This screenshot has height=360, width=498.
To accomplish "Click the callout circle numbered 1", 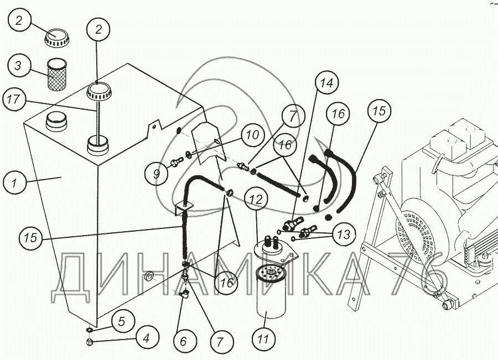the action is [x=14, y=182].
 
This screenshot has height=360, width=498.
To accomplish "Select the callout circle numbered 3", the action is [x=19, y=65].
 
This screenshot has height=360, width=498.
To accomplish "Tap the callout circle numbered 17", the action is [x=14, y=100].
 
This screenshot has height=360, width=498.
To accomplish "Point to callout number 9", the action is [x=156, y=173].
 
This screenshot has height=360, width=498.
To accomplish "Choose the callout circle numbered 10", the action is [x=253, y=135].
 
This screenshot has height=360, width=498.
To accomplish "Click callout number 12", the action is [x=256, y=200].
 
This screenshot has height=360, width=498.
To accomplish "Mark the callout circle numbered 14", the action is [x=327, y=83].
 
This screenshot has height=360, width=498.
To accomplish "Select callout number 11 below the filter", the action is [x=263, y=340].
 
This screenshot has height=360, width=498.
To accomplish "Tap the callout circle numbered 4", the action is [x=147, y=339].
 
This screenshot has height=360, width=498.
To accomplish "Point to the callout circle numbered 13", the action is [x=344, y=234].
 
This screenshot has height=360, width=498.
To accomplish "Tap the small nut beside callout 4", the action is [x=90, y=342].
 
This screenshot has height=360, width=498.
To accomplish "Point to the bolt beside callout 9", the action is [x=177, y=162].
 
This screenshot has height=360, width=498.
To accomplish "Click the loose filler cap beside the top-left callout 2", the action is [x=56, y=38].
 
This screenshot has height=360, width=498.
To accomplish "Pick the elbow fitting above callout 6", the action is [x=184, y=294].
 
